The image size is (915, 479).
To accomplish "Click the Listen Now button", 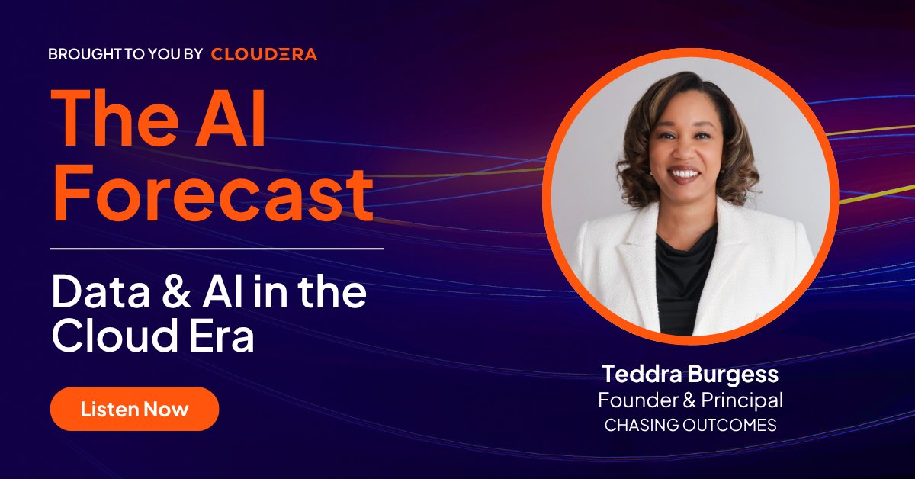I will coord(134,409).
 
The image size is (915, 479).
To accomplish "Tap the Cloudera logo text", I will coord(264,54).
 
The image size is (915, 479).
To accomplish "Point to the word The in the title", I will coord(114,121).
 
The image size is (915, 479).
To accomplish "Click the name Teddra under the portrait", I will coord(639,375).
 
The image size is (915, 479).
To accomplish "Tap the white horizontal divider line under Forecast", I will coord(217,249).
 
